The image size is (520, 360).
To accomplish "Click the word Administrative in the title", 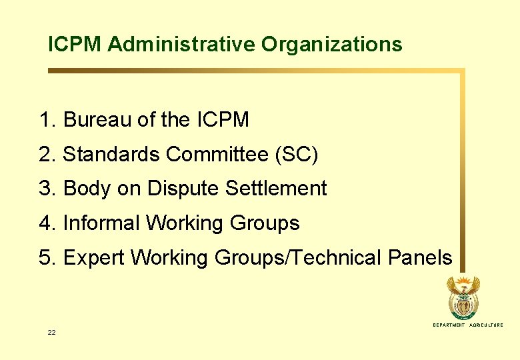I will pyautogui.click(x=181, y=45).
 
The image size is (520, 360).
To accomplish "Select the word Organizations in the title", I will pyautogui.click(x=332, y=45).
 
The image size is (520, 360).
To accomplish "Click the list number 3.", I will pyautogui.click(x=46, y=189).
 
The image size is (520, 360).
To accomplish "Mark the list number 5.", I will pyautogui.click(x=46, y=257).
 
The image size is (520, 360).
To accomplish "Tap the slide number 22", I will pyautogui.click(x=51, y=332).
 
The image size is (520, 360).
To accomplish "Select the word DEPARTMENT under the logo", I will pyautogui.click(x=449, y=325).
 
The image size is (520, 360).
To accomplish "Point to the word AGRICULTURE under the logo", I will pyautogui.click(x=487, y=325).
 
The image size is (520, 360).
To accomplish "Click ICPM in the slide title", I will pyautogui.click(x=75, y=45).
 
